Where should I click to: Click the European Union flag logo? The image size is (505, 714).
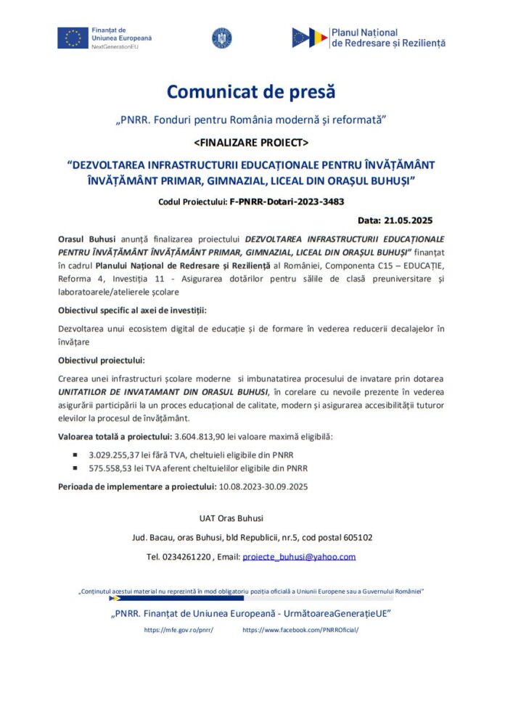pos(73,38)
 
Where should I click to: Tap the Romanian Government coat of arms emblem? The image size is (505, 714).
pos(221,38)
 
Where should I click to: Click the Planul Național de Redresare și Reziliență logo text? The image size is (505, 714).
pos(387,38)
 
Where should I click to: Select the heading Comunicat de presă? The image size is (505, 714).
pos(251,92)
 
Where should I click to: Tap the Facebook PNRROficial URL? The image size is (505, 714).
pos(300,630)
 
